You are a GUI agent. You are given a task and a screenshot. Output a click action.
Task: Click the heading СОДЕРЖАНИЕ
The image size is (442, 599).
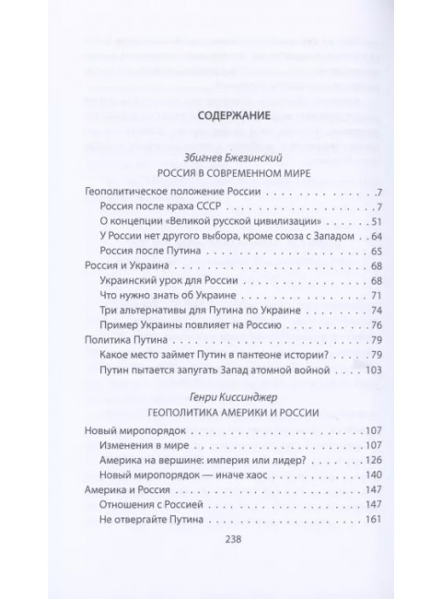(221, 117)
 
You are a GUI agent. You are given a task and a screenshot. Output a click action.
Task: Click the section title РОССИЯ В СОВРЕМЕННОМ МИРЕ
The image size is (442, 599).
(221, 173)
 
